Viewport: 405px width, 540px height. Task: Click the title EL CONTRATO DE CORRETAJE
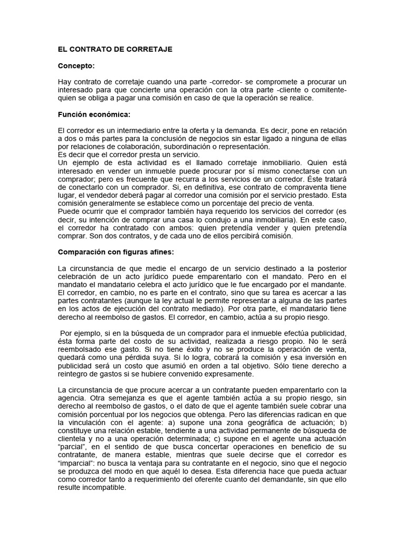(115, 49)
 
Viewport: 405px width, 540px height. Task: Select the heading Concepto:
(76, 66)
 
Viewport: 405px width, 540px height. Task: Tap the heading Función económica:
(94, 114)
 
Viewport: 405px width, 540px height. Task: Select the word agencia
(72, 399)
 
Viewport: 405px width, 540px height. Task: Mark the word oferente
(207, 479)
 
